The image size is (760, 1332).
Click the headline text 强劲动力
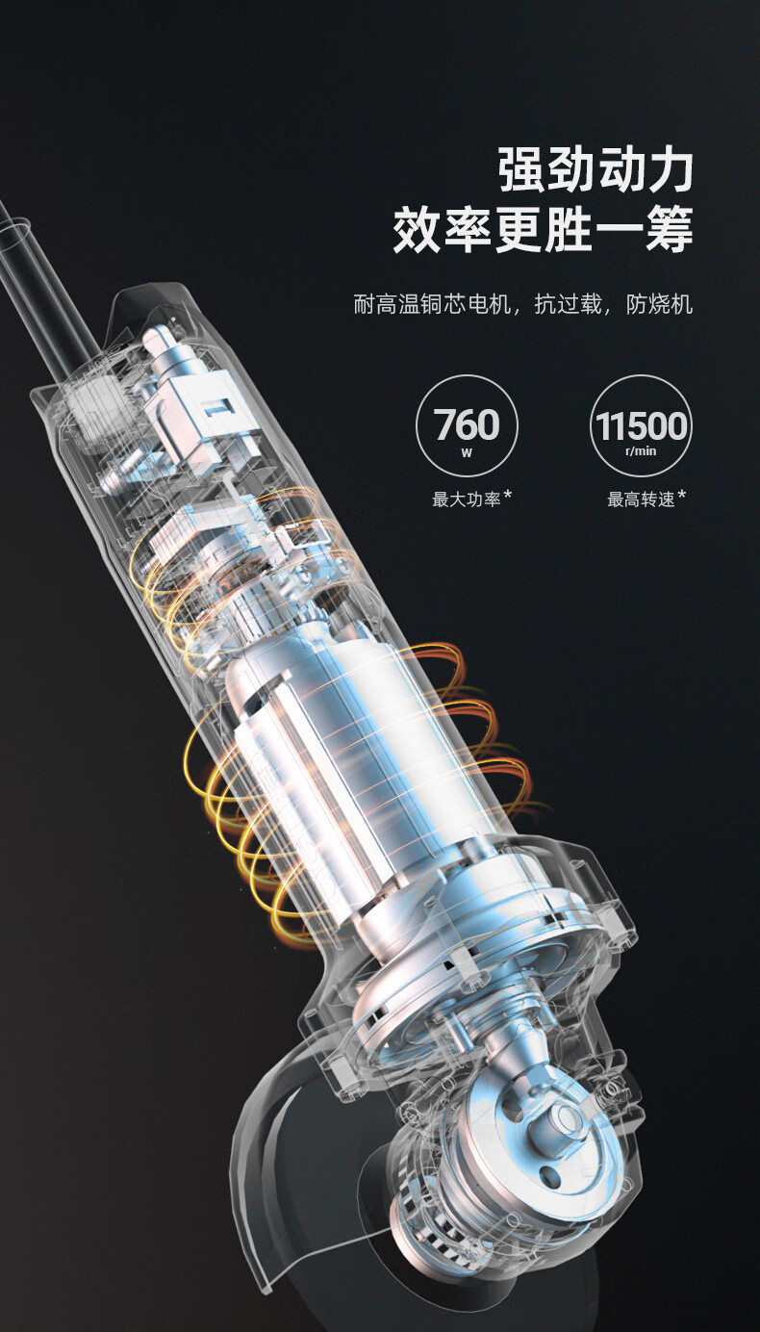pyautogui.click(x=595, y=170)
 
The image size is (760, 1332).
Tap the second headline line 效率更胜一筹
pyautogui.click(x=544, y=229)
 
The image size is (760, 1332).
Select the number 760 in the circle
pyautogui.click(x=467, y=424)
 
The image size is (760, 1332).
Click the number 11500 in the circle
pyautogui.click(x=641, y=425)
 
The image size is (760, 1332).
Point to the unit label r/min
pyautogui.click(x=641, y=450)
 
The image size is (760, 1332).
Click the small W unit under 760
pyautogui.click(x=467, y=452)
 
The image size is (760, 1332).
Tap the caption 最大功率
pyautogui.click(x=466, y=499)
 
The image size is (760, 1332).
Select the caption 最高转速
pyautogui.click(x=641, y=499)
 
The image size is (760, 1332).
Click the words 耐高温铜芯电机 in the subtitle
pyautogui.click(x=432, y=304)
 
